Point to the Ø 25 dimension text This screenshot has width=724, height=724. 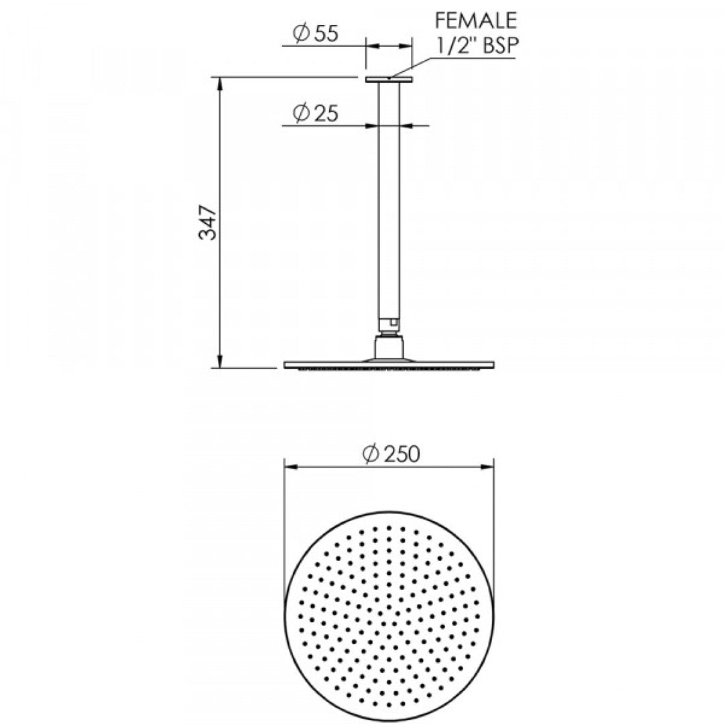315,114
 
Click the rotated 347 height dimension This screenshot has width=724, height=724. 208,223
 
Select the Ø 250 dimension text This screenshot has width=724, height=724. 390,454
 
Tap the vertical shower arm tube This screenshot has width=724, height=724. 388,201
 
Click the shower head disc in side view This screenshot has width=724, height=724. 389,365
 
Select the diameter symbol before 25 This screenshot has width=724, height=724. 301,114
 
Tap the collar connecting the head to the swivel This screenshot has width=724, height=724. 389,348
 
